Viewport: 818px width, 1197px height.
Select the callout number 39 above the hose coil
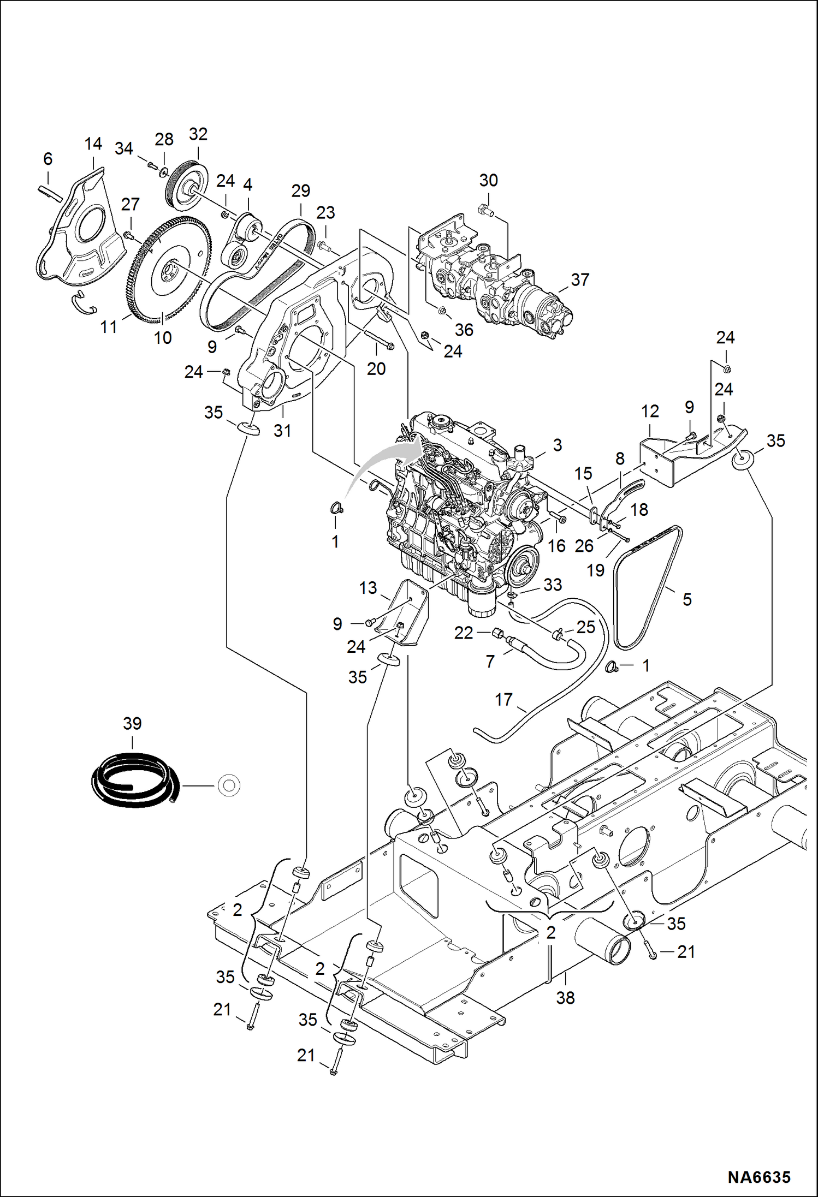point(132,724)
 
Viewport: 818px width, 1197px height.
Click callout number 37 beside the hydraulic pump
point(580,280)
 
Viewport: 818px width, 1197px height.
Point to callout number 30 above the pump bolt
point(488,181)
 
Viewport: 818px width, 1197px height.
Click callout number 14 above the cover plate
point(93,144)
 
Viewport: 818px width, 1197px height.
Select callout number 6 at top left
point(48,159)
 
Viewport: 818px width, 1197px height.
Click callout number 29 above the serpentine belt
point(300,191)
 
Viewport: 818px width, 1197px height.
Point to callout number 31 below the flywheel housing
point(282,431)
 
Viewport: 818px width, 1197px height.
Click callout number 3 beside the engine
point(557,445)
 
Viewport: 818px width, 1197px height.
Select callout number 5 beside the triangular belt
point(687,600)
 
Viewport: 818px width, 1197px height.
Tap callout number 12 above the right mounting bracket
point(650,412)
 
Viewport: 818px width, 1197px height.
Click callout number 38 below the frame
point(565,998)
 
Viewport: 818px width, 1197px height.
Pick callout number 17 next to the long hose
point(503,700)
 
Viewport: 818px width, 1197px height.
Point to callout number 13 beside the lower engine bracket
point(368,588)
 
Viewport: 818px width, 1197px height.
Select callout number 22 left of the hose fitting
point(463,633)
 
